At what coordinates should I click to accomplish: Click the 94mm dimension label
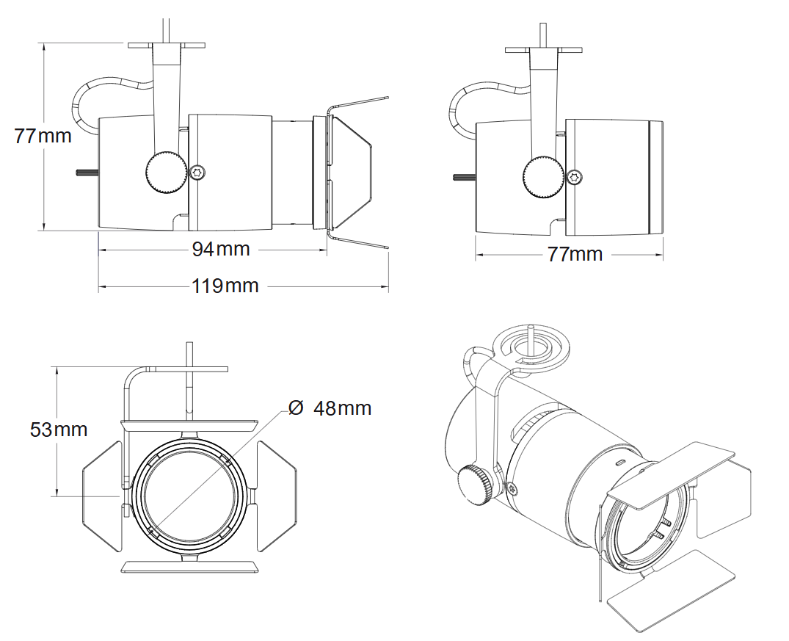pyautogui.click(x=221, y=250)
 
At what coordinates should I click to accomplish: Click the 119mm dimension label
pyautogui.click(x=225, y=286)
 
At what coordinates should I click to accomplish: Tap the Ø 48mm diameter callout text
pyautogui.click(x=330, y=408)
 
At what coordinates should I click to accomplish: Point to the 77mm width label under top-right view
pyautogui.click(x=575, y=254)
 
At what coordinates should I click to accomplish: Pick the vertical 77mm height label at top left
pyautogui.click(x=43, y=136)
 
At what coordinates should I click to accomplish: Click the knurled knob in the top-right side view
pyautogui.click(x=543, y=177)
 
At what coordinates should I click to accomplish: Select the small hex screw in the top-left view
pyautogui.click(x=197, y=172)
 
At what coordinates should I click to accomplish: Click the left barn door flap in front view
pyautogui.click(x=101, y=496)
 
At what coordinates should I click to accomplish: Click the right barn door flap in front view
pyautogui.click(x=277, y=496)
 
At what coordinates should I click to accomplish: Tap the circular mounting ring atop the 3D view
pyautogui.click(x=529, y=344)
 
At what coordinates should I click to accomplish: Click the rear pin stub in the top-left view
pyautogui.click(x=87, y=173)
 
